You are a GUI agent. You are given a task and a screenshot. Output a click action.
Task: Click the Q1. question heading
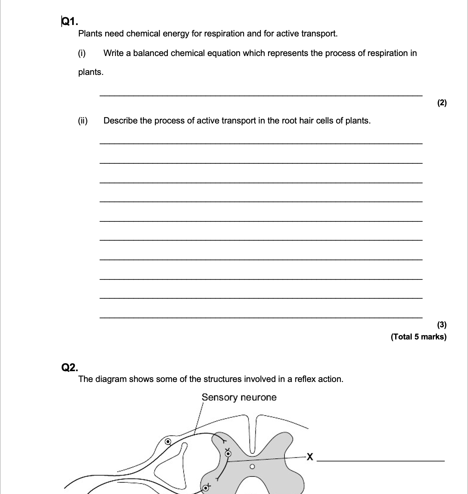pyautogui.click(x=70, y=22)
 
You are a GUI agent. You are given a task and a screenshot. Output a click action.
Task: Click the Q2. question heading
pyautogui.click(x=69, y=367)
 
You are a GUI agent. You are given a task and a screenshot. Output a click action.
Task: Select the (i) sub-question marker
pyautogui.click(x=82, y=53)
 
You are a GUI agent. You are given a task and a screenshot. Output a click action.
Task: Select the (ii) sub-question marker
pyautogui.click(x=83, y=121)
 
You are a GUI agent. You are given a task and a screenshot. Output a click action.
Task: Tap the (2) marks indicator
pyautogui.click(x=442, y=103)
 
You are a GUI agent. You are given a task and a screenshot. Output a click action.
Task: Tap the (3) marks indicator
pyautogui.click(x=442, y=325)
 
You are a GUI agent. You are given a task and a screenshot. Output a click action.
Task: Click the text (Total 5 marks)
pyautogui.click(x=418, y=337)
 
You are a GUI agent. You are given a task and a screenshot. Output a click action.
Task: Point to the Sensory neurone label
pyautogui.click(x=239, y=397)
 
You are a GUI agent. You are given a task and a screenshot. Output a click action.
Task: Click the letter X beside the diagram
pyautogui.click(x=310, y=458)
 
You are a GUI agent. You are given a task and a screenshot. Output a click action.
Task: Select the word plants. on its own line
pyautogui.click(x=91, y=72)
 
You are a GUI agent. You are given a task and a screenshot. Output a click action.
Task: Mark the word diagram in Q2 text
pyautogui.click(x=111, y=379)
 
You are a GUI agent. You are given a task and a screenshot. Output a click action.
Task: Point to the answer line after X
pyautogui.click(x=381, y=461)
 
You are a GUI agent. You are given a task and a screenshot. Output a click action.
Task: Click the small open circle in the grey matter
pyautogui.click(x=252, y=467)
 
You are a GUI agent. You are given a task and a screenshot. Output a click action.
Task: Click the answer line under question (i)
pyautogui.click(x=261, y=96)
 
